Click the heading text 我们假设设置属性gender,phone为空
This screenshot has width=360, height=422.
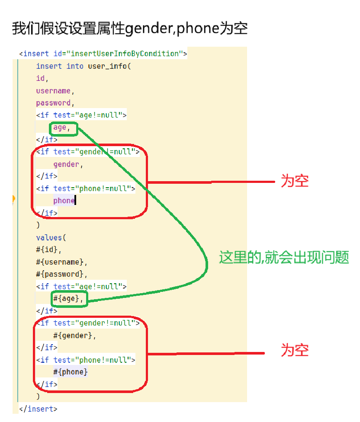coord(129,29)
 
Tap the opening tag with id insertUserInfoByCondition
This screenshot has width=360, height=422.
coord(103,54)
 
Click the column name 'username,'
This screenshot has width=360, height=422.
coord(55,91)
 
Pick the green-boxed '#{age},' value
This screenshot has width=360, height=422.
coord(69,298)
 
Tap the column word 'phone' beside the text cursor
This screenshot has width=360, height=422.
coord(64,201)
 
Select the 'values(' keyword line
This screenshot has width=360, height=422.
coord(51,237)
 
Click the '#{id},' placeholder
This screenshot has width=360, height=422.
coord(49,249)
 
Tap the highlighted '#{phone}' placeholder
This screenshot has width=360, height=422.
coord(70,372)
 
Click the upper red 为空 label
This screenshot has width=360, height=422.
coord(295,181)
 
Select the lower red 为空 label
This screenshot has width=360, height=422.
coord(295,350)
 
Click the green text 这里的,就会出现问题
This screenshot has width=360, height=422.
coord(284,258)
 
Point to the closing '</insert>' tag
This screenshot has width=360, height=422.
coord(38,409)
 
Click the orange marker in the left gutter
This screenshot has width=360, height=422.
coord(14,199)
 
